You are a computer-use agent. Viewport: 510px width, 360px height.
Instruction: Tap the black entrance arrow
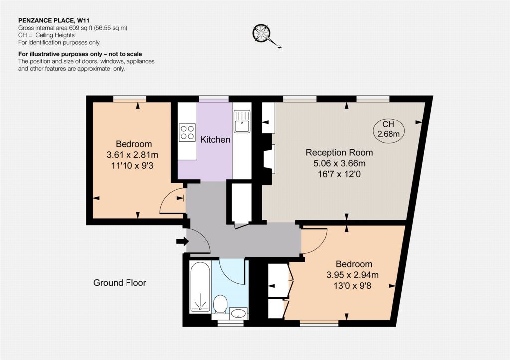pos(182,241)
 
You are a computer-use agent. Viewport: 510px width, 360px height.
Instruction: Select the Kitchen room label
pos(215,140)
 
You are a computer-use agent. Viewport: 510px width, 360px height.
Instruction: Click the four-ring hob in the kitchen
pos(187,132)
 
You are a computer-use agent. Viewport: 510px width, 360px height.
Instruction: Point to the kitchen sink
pos(242,121)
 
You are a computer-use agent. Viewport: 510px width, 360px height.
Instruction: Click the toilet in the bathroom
pos(220,304)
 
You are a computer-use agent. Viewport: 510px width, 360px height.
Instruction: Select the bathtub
pos(200,287)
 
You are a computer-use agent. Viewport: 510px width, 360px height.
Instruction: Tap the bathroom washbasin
pos(239,313)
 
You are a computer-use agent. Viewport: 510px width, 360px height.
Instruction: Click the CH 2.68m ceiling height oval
pos(388,129)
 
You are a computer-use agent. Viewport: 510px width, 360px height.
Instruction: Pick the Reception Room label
pos(339,152)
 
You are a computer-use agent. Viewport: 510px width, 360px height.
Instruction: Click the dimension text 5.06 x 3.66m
pos(339,163)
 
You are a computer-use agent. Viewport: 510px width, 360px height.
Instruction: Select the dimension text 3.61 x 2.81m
pos(132,155)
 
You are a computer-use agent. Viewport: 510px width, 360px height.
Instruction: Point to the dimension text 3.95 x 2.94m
pos(352,275)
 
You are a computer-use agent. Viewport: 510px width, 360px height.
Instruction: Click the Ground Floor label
pos(120,283)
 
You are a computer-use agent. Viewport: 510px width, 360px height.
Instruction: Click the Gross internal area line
pos(73,28)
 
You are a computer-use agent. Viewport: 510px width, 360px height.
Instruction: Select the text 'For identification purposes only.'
pos(60,42)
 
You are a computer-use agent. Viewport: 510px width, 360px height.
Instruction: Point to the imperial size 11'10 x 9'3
pos(132,166)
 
